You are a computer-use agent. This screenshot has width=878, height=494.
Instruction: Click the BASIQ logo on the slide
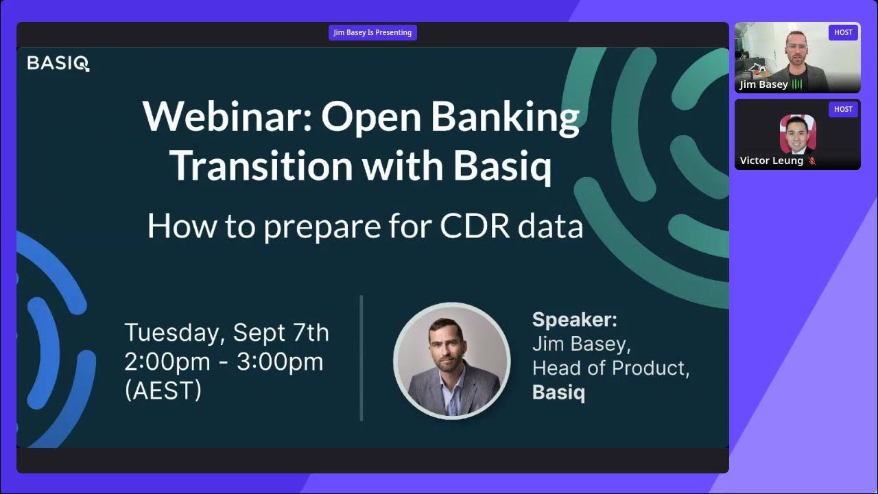click(58, 64)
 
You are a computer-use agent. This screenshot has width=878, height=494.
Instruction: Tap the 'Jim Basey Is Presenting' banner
click(372, 32)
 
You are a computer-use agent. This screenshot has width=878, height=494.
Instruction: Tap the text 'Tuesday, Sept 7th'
click(226, 333)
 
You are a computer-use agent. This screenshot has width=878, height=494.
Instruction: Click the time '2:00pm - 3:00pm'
click(224, 362)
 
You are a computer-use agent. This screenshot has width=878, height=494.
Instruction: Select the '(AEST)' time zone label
click(163, 390)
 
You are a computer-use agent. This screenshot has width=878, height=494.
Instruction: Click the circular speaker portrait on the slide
click(451, 360)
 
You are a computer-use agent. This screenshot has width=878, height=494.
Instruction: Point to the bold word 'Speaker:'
click(575, 320)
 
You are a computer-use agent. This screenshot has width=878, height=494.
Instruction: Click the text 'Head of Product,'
click(610, 368)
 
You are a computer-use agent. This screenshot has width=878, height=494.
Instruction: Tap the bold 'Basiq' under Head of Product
click(558, 392)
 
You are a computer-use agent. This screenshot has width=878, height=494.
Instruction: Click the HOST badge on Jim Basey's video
click(843, 32)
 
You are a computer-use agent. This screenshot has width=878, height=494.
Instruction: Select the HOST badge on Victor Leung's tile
click(843, 109)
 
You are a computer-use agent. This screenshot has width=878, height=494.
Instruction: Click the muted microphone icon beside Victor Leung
click(812, 161)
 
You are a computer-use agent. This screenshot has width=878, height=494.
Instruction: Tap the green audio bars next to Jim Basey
click(797, 84)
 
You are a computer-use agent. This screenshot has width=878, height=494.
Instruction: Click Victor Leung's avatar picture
click(798, 134)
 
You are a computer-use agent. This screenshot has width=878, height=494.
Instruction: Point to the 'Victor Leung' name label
click(771, 161)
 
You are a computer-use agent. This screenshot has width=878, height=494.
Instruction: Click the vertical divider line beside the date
click(361, 357)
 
